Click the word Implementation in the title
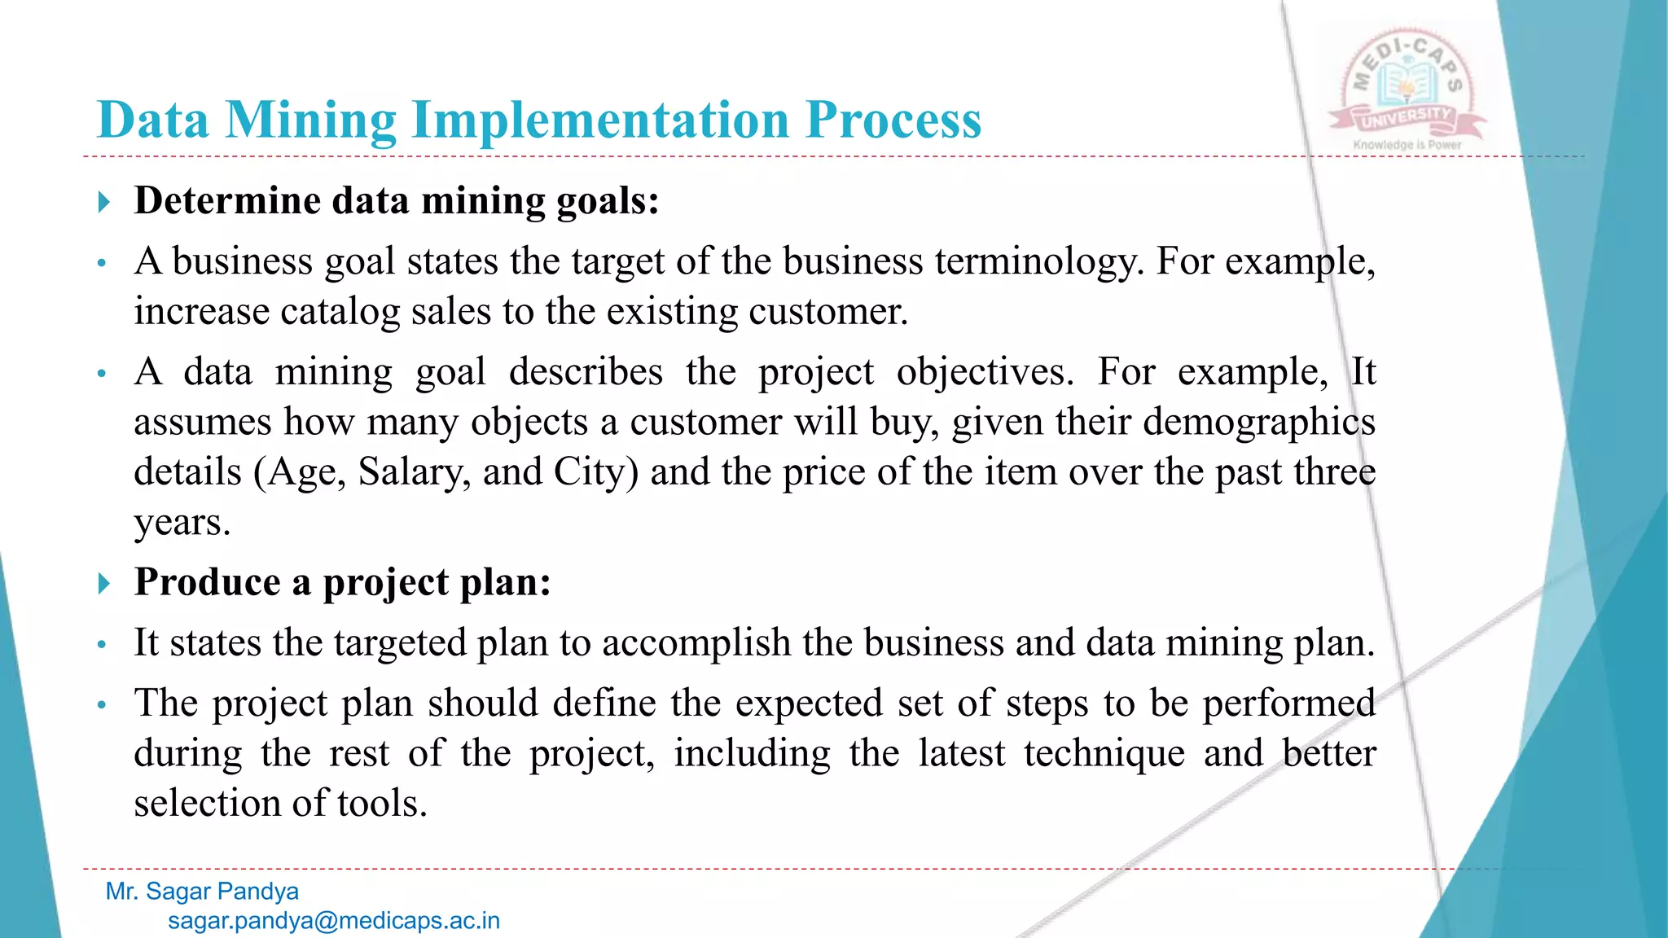point(601,121)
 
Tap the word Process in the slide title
point(893,121)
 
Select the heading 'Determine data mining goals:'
point(397,200)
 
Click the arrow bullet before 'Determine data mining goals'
point(103,202)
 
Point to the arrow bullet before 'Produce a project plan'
point(103,583)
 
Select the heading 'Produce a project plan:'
point(343,582)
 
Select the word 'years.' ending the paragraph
point(182,523)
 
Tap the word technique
point(1104,753)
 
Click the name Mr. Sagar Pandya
point(202,892)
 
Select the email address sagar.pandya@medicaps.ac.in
point(334,921)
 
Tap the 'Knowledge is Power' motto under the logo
point(1407,145)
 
